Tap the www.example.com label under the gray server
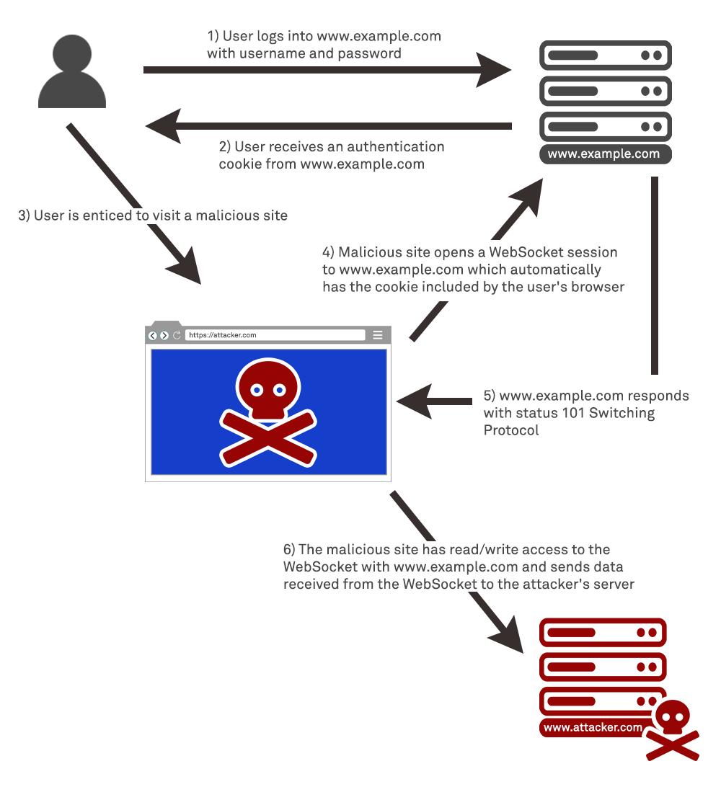click(603, 154)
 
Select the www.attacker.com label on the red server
click(593, 727)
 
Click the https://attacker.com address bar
click(274, 335)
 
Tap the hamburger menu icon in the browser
click(377, 335)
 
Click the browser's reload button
click(176, 335)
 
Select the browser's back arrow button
click(152, 335)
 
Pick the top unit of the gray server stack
click(605, 55)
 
